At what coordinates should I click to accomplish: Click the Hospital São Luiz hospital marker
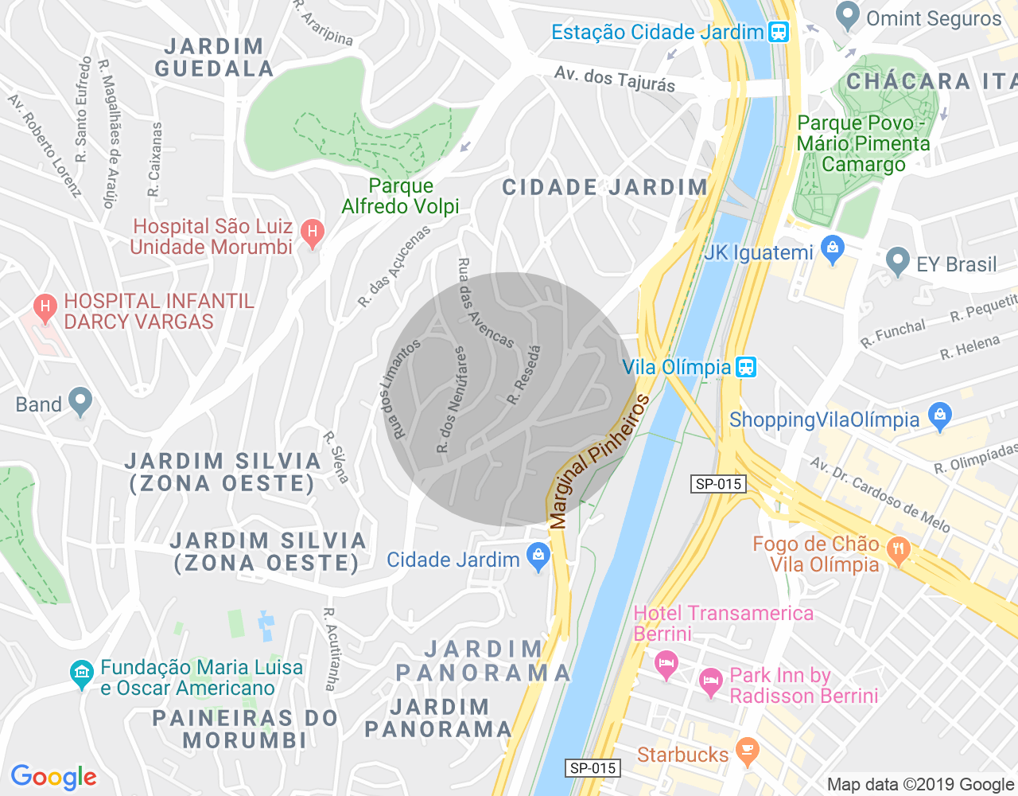pyautogui.click(x=313, y=233)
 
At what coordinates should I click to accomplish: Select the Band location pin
pyautogui.click(x=80, y=402)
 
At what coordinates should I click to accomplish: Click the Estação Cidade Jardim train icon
pyautogui.click(x=778, y=32)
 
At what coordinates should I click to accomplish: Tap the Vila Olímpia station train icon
pyautogui.click(x=745, y=367)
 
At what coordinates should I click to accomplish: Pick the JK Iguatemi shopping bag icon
pyautogui.click(x=833, y=251)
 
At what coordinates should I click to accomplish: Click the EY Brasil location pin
pyautogui.click(x=898, y=260)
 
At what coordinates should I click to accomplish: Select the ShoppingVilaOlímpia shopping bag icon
pyautogui.click(x=940, y=416)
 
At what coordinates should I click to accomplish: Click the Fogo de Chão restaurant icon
pyautogui.click(x=898, y=549)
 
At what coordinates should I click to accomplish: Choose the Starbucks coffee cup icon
pyautogui.click(x=747, y=751)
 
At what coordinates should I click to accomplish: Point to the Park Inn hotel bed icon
pyautogui.click(x=710, y=682)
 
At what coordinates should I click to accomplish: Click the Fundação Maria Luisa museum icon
pyautogui.click(x=81, y=674)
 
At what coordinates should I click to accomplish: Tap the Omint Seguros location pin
pyautogui.click(x=848, y=15)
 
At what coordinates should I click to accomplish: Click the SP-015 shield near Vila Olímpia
pyautogui.click(x=718, y=483)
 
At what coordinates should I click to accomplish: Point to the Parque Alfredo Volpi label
pyautogui.click(x=401, y=196)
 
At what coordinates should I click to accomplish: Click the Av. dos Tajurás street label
pyautogui.click(x=614, y=79)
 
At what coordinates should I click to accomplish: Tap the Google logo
pyautogui.click(x=54, y=777)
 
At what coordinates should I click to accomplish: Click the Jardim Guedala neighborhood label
pyautogui.click(x=214, y=57)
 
